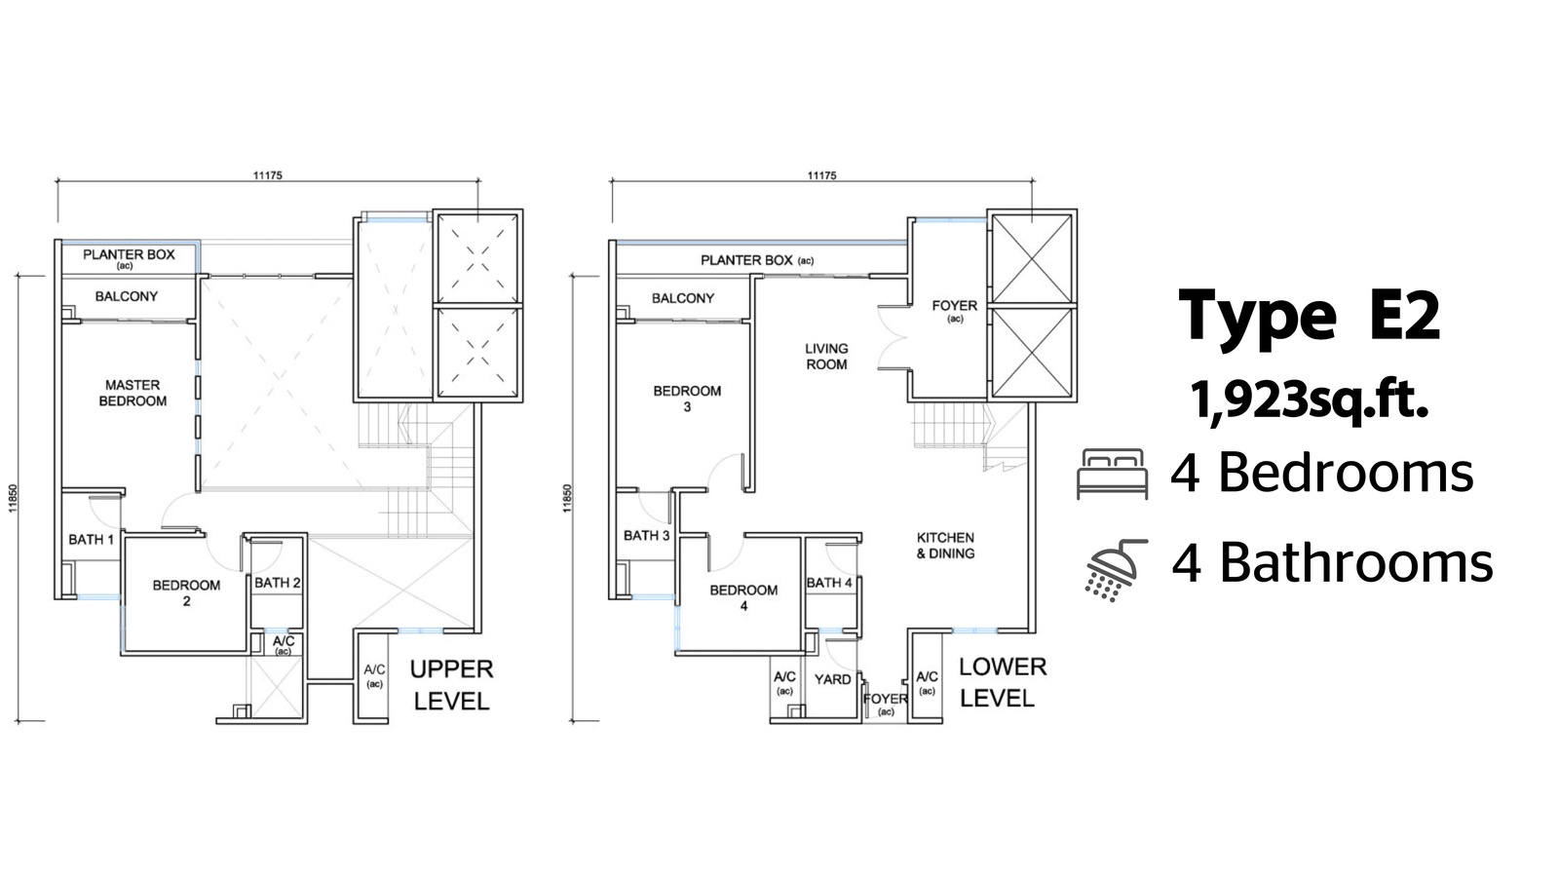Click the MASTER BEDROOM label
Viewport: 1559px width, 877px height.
coord(133,394)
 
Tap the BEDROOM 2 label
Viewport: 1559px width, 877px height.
coord(186,593)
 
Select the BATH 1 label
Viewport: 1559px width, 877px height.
coord(91,540)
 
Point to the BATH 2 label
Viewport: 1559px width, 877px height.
coord(277,583)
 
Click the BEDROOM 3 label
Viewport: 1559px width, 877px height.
coord(687,399)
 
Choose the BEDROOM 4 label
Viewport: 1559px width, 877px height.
coord(743,598)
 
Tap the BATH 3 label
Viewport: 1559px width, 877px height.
coord(647,535)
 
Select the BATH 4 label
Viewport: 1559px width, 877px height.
coord(829,583)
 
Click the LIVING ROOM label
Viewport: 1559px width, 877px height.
coord(826,357)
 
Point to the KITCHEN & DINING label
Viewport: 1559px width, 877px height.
coord(945,546)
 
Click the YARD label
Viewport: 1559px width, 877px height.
coord(832,679)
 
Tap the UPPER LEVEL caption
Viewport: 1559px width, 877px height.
coord(452,685)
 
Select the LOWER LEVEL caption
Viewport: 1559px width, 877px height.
coord(1003,682)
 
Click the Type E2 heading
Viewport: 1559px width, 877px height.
coord(1310,316)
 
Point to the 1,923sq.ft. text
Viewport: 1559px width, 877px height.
coord(1310,400)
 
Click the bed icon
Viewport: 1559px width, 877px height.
coord(1112,474)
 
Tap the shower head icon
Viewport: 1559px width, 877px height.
coord(1115,570)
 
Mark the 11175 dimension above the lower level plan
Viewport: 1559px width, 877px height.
coord(822,175)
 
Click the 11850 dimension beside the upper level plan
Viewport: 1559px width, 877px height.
coord(13,498)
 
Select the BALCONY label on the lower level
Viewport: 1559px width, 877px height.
coord(683,298)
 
